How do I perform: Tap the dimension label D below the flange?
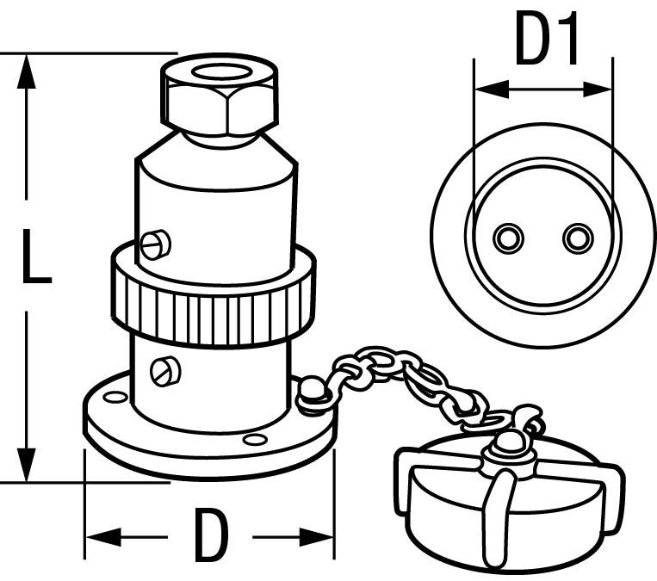(211, 535)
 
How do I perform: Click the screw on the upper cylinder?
(156, 246)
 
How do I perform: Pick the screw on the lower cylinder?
(166, 371)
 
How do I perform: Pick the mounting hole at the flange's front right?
(255, 440)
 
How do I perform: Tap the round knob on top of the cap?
(506, 443)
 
